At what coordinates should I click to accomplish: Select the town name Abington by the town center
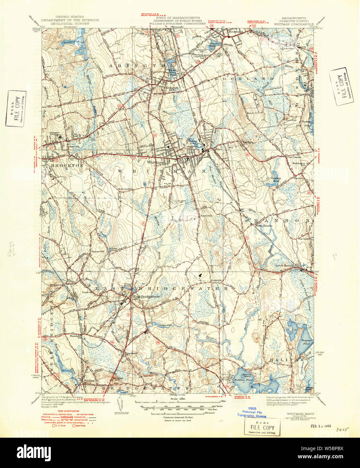pyautogui.click(x=172, y=88)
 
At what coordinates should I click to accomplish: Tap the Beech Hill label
pyautogui.click(x=253, y=113)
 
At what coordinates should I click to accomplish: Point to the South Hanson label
pyautogui.click(x=285, y=265)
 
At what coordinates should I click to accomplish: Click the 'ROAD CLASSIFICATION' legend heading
pyautogui.click(x=68, y=411)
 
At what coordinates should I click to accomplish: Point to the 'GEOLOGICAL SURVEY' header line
pyautogui.click(x=70, y=24)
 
